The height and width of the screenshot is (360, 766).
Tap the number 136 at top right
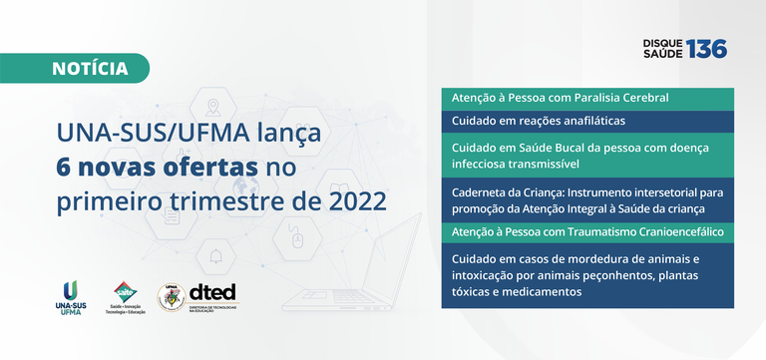(706, 48)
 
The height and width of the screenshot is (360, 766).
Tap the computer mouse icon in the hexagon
(297, 239)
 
